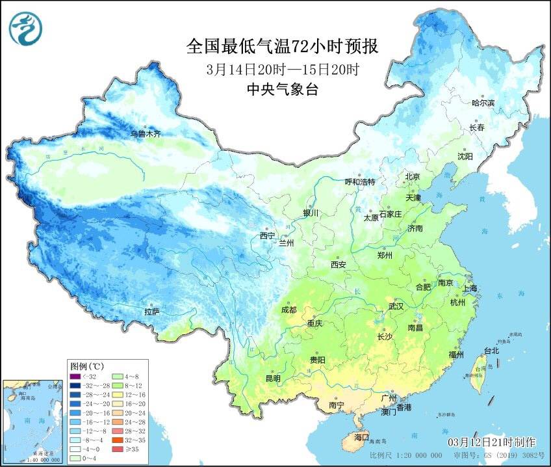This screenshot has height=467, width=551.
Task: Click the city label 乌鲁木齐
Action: (145, 134)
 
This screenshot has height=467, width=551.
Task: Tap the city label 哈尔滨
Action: (483, 103)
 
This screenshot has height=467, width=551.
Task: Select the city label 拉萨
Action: (152, 312)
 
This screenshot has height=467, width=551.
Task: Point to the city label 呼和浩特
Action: (360, 182)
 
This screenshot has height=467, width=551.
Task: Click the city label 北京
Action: (413, 177)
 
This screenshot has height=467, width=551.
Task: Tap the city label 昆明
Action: (273, 379)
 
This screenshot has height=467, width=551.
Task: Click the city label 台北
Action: (491, 351)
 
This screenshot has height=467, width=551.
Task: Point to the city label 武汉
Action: (396, 306)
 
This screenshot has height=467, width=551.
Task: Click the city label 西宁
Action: (267, 235)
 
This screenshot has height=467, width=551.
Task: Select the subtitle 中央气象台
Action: (281, 90)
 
